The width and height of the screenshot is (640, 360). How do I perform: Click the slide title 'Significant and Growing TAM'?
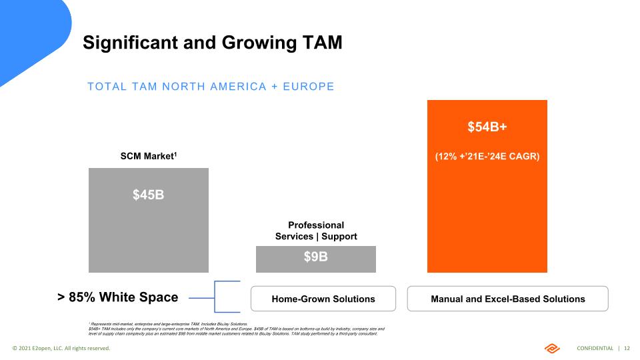(212, 43)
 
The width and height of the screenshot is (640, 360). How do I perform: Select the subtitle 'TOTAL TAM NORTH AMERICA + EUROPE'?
(211, 87)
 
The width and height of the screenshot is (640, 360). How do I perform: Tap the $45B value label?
(149, 195)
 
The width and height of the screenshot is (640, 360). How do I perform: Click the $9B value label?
(315, 257)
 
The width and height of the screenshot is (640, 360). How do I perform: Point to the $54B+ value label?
(487, 127)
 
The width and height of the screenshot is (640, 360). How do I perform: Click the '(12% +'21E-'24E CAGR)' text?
(487, 157)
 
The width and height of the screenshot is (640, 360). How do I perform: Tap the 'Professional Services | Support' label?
(316, 231)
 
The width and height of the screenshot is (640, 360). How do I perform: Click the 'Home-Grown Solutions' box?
(323, 299)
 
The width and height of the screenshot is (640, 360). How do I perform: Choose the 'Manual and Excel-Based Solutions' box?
(507, 299)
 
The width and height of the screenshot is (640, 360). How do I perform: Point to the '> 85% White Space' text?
(117, 297)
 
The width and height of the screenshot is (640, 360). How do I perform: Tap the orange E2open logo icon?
(553, 348)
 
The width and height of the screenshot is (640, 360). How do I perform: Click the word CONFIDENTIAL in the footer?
(595, 349)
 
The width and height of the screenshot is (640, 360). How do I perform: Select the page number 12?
(627, 349)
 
